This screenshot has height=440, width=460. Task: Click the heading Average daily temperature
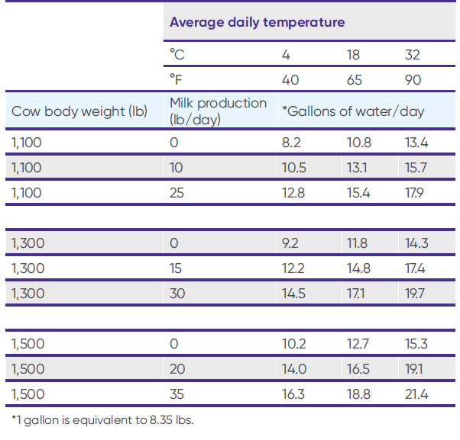pos(257,22)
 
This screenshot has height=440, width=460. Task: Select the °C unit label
pos(177,55)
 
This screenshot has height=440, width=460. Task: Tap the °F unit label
pos(177,80)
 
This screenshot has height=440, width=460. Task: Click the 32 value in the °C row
pos(412,55)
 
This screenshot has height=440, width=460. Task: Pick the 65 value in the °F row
pos(355,80)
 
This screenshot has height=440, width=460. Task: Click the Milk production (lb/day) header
pos(218,111)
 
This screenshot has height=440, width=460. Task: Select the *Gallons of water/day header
pos(352,111)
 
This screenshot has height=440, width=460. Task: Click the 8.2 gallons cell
pos(293,142)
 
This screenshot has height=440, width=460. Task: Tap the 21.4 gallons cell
pos(416,394)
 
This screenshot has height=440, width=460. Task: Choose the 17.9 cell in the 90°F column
pos(416,192)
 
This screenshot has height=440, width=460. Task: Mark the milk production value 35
pos(177,394)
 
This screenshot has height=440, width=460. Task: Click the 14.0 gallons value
pos(293,369)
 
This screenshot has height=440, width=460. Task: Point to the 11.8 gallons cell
pos(356,243)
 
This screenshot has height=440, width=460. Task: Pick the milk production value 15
pos(176,268)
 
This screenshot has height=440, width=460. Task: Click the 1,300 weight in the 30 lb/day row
pos(28,294)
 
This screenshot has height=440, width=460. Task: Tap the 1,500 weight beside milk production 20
pos(28,369)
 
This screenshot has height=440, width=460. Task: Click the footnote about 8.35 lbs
pos(102,420)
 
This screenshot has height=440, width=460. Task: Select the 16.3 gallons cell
pos(293,394)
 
